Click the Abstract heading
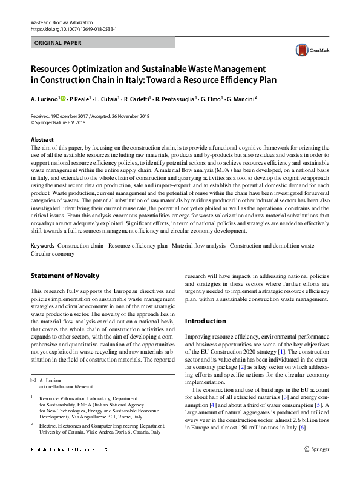42,139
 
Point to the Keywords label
43,246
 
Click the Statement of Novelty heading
65,276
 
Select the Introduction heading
205,321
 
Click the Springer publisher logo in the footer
316,466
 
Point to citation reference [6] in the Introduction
303,428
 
